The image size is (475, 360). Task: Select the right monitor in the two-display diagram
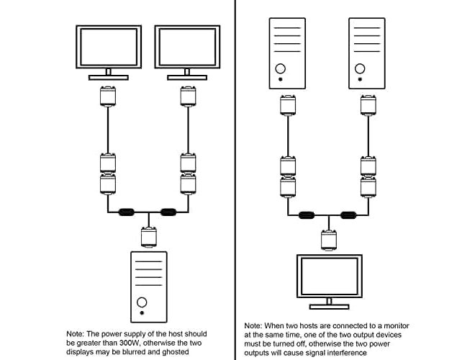(186, 48)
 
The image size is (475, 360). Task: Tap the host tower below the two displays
(148, 286)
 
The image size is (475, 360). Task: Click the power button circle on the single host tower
(144, 302)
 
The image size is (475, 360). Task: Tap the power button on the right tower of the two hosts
(359, 69)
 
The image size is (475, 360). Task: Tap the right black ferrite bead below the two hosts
(349, 215)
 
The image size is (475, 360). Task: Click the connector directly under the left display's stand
(107, 96)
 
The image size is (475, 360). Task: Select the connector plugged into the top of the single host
(148, 235)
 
